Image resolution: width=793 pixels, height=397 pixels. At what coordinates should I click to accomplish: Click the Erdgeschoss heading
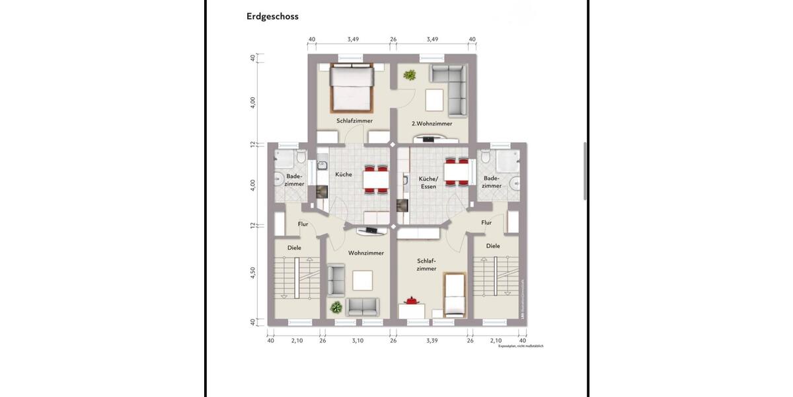coord(272,17)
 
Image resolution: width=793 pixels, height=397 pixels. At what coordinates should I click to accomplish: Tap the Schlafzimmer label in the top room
coord(354,121)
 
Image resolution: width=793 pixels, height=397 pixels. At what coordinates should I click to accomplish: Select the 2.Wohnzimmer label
coord(432,124)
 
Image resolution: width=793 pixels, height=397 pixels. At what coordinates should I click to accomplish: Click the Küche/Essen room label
coord(428,183)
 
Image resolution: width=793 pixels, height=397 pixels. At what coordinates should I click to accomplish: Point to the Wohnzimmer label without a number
coord(366,253)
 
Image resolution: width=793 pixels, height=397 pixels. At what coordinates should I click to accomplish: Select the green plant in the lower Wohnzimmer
coord(337,307)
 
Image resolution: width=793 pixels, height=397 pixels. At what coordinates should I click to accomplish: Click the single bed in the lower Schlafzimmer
coord(455,294)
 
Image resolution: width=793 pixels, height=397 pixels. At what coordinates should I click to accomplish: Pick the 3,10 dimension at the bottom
coord(358,341)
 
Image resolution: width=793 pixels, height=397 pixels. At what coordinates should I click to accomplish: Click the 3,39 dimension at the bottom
coord(432,341)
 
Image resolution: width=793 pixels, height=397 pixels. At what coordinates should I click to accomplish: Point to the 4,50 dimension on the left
coord(253,273)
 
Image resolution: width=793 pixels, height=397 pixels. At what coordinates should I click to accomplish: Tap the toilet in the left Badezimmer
coord(301,157)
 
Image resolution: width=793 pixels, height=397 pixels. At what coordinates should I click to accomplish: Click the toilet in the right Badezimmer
coord(486,157)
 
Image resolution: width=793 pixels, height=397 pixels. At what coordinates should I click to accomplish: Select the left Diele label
coord(294,247)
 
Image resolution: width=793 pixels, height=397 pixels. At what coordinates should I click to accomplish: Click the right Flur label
coord(486,223)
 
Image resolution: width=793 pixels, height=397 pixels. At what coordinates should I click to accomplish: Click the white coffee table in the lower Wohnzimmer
coord(362,281)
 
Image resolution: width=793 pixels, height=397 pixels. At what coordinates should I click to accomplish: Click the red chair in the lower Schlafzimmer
coord(412,301)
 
